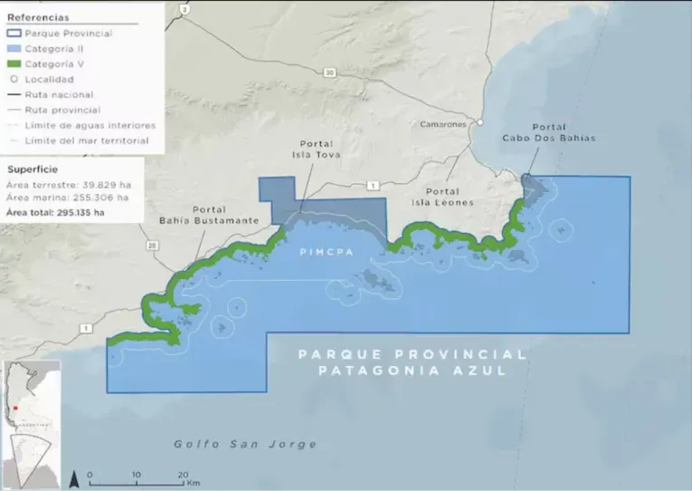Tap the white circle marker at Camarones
[x=481, y=122]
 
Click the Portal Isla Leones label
[x=450, y=197]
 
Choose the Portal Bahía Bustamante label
[x=216, y=215]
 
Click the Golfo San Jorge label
[x=246, y=444]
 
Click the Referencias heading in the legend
[x=38, y=17]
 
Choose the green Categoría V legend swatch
[x=14, y=63]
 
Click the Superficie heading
[x=34, y=168]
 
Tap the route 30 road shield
[x=330, y=72]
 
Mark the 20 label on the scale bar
[x=183, y=474]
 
